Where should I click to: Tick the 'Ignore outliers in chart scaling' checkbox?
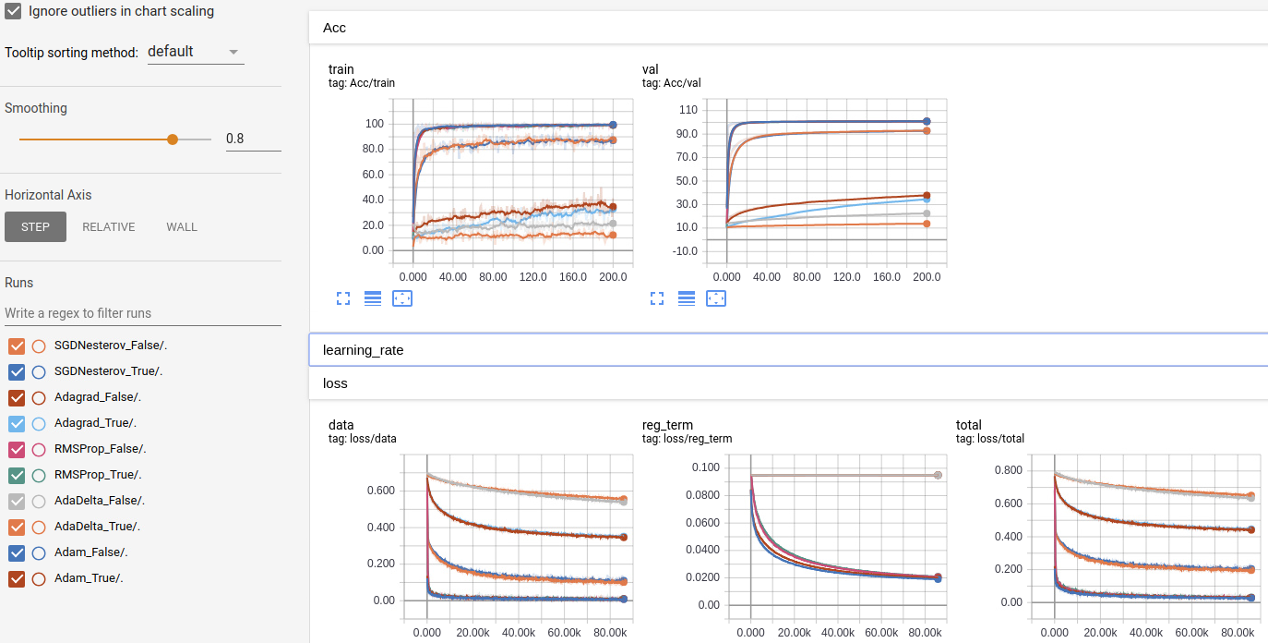tap(13, 12)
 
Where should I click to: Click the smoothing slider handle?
tap(172, 139)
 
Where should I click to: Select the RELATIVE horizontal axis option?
tap(109, 227)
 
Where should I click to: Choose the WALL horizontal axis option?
tap(182, 227)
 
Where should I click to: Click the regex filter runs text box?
tap(142, 313)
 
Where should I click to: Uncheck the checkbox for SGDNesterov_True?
tap(17, 372)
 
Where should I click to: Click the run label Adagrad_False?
tap(97, 397)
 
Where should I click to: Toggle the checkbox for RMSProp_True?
tap(17, 476)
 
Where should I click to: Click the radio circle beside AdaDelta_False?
tap(39, 502)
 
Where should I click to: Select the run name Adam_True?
tap(89, 578)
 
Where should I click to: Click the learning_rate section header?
tap(363, 351)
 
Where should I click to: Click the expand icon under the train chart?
tap(343, 298)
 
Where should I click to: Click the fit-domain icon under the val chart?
tap(716, 298)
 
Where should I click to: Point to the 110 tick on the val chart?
tap(688, 110)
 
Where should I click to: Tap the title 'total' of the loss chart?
tap(968, 425)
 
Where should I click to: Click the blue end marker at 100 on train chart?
tap(613, 125)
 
